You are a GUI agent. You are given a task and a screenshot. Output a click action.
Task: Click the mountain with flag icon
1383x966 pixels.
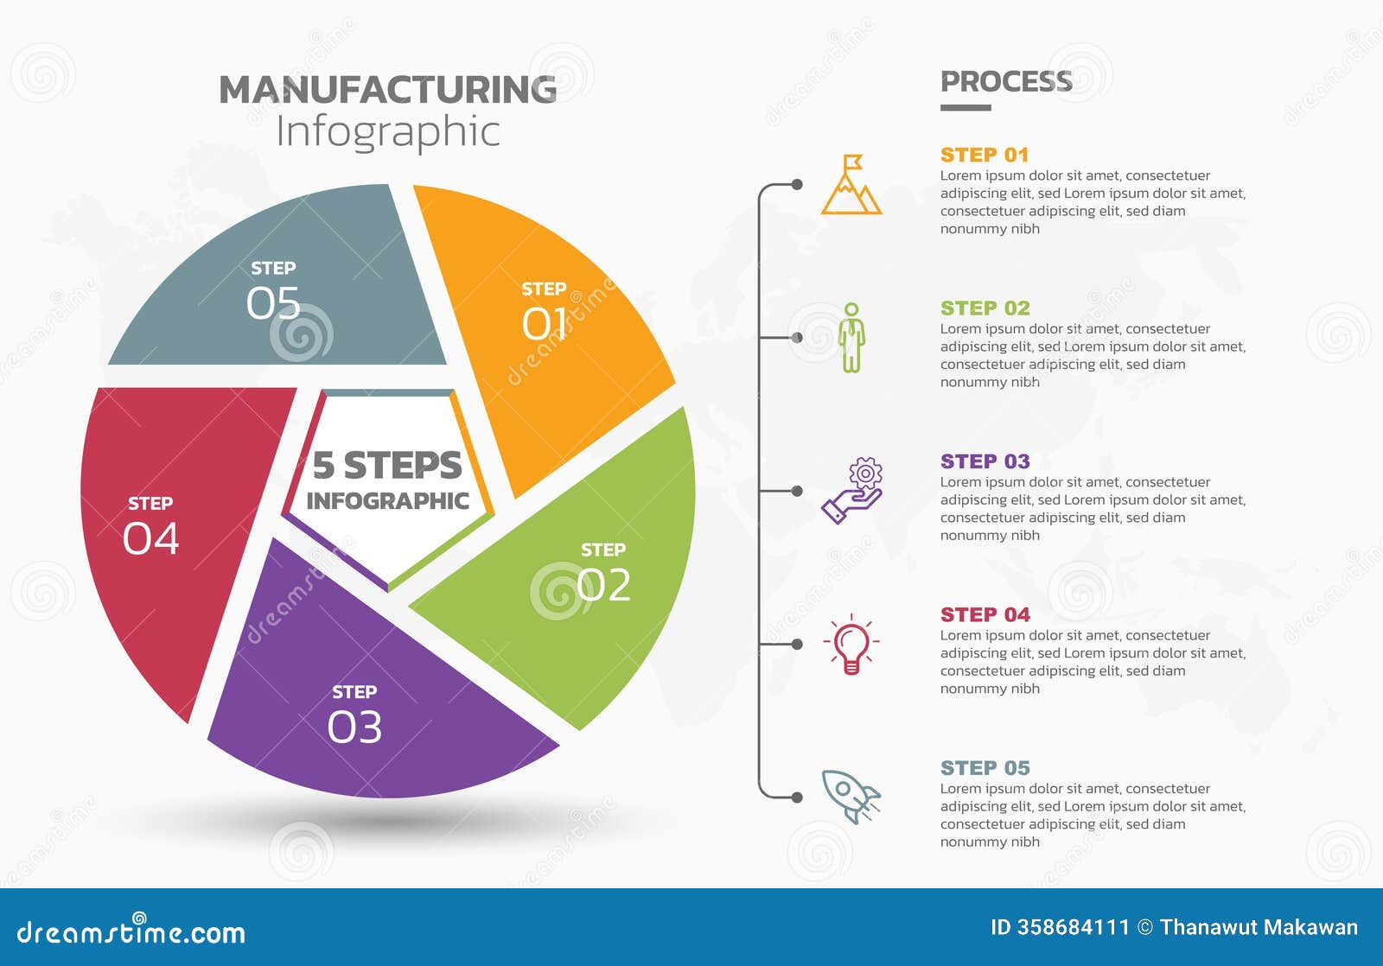(x=851, y=185)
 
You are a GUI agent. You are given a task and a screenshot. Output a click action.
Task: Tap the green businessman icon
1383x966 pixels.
(x=851, y=338)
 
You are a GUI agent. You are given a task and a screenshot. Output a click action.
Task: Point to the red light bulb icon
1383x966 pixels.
(x=851, y=645)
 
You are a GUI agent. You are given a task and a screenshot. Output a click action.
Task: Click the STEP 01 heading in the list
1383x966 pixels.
(x=985, y=156)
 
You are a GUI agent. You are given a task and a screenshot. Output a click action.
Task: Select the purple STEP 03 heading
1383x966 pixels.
(x=985, y=461)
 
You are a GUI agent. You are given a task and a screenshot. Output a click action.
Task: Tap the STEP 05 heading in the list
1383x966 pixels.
(x=985, y=768)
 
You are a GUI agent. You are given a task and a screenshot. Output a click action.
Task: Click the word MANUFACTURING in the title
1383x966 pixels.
(x=387, y=90)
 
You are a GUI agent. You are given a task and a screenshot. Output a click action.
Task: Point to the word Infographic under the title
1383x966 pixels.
(x=387, y=132)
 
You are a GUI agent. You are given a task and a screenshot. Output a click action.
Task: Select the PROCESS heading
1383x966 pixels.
(x=1006, y=81)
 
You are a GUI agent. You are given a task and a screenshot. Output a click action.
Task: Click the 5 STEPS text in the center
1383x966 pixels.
(x=387, y=465)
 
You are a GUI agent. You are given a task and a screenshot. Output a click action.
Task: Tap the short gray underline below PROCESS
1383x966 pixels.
(x=966, y=108)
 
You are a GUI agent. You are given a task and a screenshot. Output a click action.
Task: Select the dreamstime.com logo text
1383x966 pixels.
(x=131, y=932)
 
